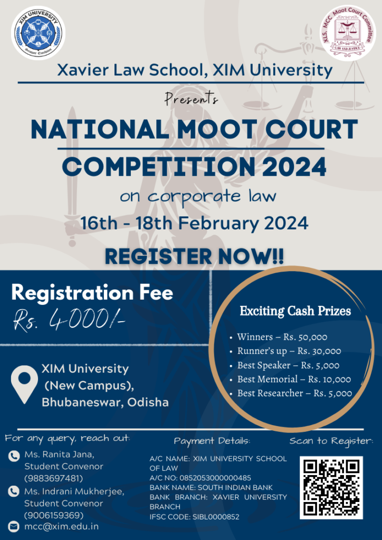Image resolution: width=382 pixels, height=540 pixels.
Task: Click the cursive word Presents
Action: point(191,98)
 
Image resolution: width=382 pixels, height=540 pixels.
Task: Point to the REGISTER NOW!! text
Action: point(194,256)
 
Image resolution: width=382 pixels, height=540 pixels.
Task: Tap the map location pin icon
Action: point(24,387)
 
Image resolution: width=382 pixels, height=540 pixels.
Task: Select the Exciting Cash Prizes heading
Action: point(295,311)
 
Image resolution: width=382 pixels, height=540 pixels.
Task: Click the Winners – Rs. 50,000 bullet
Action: point(282,337)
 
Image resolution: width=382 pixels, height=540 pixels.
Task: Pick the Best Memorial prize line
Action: point(294,379)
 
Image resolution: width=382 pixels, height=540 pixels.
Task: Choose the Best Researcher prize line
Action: point(294,393)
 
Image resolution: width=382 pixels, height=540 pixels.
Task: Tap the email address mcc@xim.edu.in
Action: point(61,526)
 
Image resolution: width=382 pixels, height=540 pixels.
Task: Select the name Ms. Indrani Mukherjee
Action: point(74,491)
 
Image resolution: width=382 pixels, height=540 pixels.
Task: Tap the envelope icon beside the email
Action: point(14,526)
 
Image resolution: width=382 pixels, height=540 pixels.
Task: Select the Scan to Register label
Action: point(331,441)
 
